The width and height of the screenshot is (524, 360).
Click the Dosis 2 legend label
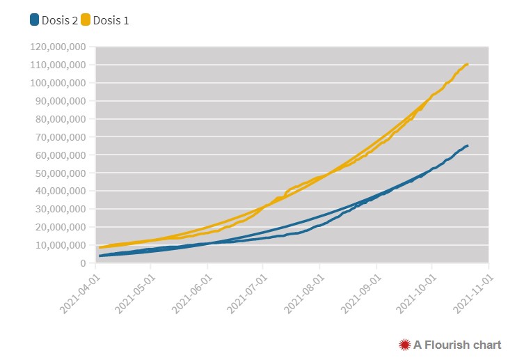click(59, 20)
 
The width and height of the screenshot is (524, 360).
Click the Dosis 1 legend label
click(111, 20)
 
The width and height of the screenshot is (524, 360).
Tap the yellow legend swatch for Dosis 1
click(86, 19)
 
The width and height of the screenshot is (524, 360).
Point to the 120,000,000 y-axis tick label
click(58, 47)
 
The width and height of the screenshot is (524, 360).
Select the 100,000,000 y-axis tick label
click(58, 84)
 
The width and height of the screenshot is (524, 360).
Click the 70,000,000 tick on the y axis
click(61, 137)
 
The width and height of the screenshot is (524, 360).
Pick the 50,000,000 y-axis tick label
click(61, 173)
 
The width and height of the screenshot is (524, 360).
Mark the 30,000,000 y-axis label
click(61, 210)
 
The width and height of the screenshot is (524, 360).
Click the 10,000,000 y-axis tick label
click(61, 246)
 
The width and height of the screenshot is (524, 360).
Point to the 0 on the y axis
click(83, 264)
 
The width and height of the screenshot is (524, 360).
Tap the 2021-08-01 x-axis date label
click(302, 293)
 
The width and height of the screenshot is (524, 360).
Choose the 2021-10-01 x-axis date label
click(415, 293)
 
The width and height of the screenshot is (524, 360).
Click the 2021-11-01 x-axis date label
click(471, 293)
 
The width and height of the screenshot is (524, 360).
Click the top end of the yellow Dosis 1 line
click(467, 64)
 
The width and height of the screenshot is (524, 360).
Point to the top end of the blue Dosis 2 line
click(467, 146)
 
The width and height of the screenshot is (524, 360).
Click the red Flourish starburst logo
click(404, 344)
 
